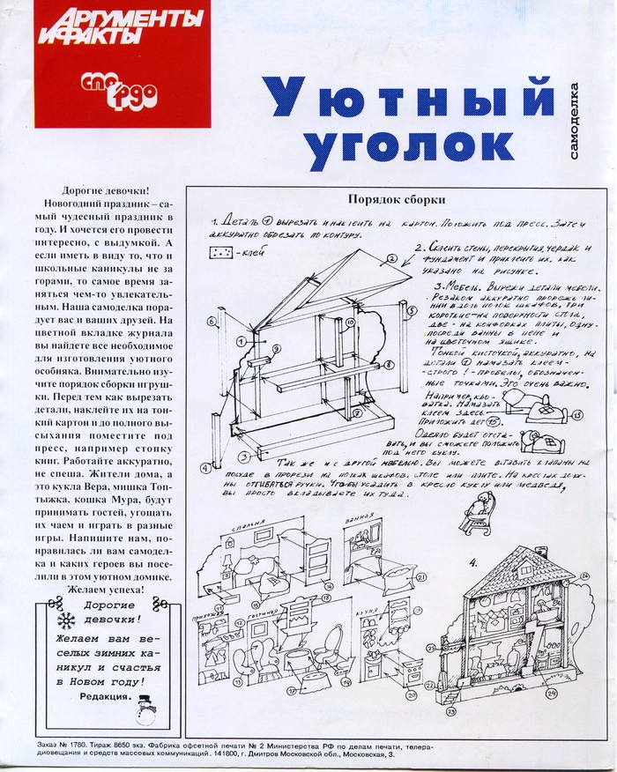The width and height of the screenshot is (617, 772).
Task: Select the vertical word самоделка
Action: click(x=576, y=123)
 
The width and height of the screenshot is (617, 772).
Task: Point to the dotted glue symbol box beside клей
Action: click(x=220, y=253)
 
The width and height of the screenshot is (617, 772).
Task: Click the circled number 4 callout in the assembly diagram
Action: click(x=204, y=468)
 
